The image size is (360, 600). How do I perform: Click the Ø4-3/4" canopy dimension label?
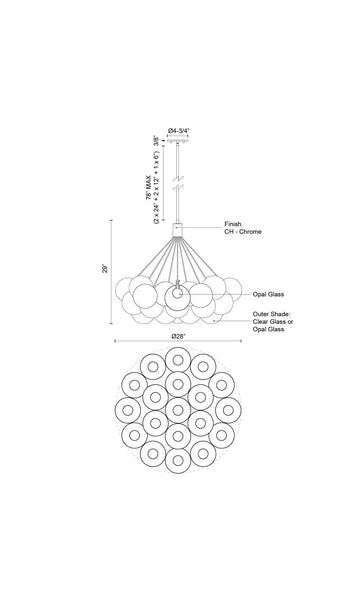coord(179,130)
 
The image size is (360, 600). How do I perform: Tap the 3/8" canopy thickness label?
coord(156,141)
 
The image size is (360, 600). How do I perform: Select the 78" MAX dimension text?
coord(148,185)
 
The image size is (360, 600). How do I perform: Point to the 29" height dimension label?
coord(105,268)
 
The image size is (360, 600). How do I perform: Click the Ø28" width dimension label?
coord(178,336)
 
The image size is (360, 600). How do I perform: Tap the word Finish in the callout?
coord(233,224)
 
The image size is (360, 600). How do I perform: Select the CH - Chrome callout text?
coord(243,232)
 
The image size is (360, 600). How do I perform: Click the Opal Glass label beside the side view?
coord(268,294)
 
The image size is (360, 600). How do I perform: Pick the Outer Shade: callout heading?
coord(271,314)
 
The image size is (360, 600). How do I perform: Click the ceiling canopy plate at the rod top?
coord(178,141)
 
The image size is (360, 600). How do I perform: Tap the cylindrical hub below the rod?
coord(178,230)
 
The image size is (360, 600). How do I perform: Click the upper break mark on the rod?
coord(178,179)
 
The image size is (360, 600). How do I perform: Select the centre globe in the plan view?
coord(178,410)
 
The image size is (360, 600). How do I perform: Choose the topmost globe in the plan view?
coord(178,360)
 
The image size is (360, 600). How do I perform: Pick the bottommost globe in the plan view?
coord(178,460)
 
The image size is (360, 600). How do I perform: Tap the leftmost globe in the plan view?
coord(128,410)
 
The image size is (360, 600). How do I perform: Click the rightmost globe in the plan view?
coord(228,410)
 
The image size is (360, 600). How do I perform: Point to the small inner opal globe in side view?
coord(178,294)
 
